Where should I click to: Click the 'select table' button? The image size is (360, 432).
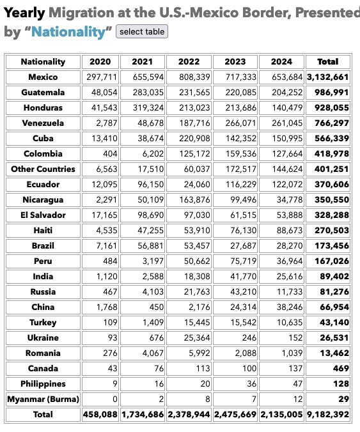click(x=142, y=31)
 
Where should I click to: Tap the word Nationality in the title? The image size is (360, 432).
click(x=69, y=32)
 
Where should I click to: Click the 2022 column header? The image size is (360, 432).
click(x=189, y=62)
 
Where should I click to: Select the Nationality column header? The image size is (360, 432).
click(x=43, y=62)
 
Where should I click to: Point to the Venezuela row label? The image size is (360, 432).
click(x=43, y=123)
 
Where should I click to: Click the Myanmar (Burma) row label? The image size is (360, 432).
click(x=43, y=399)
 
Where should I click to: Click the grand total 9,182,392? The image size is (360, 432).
click(x=328, y=415)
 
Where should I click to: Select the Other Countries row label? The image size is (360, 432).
click(x=43, y=169)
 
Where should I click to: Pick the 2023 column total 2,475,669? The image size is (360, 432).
click(x=235, y=415)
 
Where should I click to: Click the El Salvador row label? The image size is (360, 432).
click(x=43, y=215)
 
